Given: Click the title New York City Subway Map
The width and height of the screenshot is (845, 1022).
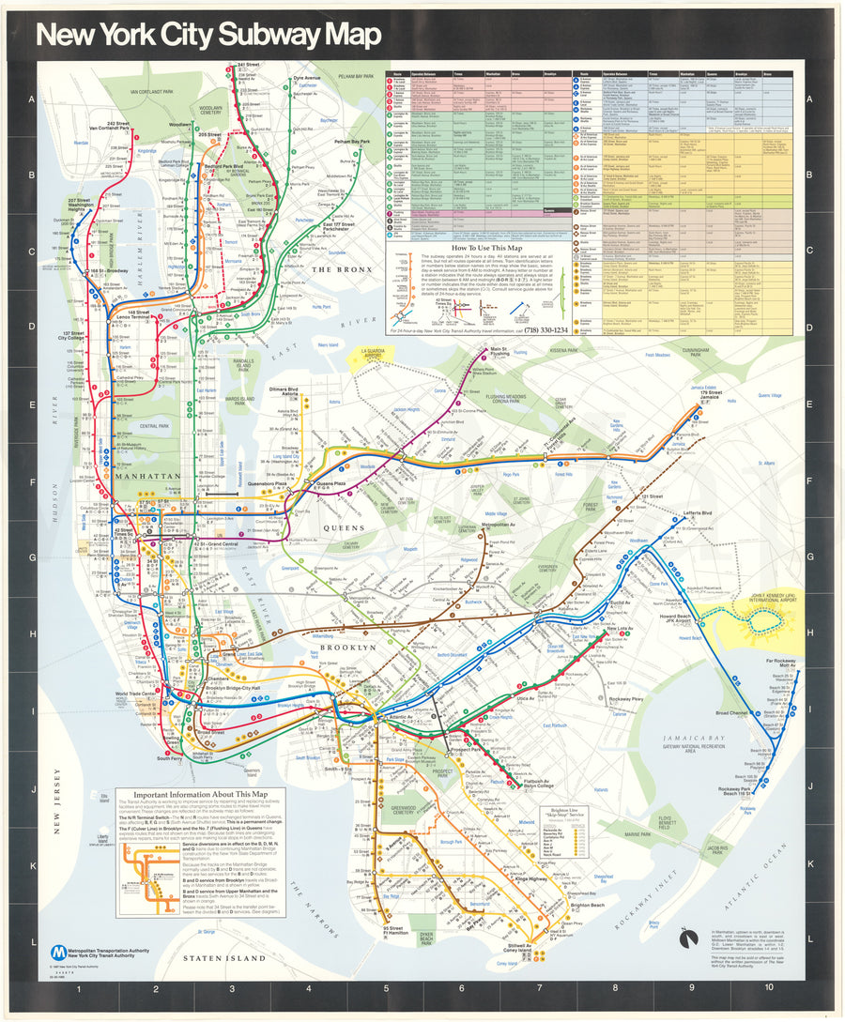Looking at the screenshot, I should pyautogui.click(x=207, y=35).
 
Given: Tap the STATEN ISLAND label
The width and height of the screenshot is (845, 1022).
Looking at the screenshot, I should pyautogui.click(x=224, y=958).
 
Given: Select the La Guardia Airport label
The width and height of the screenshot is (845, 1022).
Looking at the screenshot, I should pyautogui.click(x=369, y=356).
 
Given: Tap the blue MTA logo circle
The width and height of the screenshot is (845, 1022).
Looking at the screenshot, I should pyautogui.click(x=59, y=952).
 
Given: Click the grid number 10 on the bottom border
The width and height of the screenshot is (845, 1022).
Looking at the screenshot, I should pyautogui.click(x=768, y=988).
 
